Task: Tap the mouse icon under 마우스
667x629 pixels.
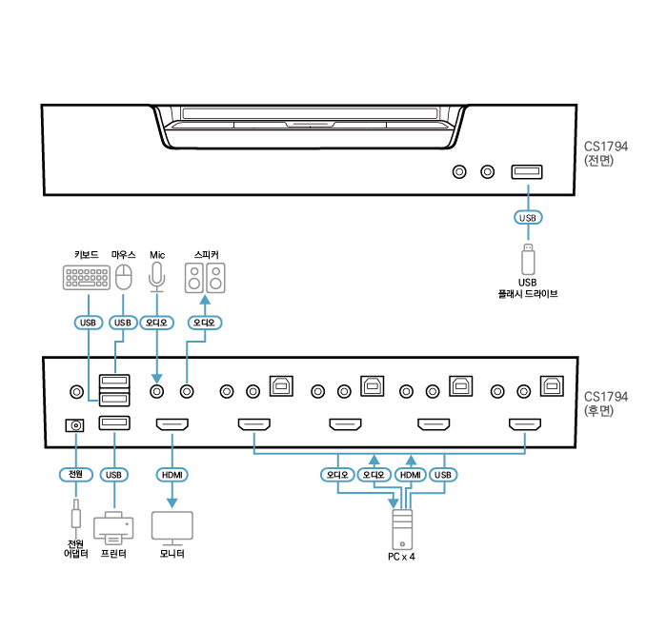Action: (x=123, y=277)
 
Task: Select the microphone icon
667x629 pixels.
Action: (x=157, y=276)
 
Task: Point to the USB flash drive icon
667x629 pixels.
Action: (x=527, y=259)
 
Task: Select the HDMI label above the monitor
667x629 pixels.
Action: (x=172, y=474)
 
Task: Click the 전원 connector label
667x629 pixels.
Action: (x=74, y=474)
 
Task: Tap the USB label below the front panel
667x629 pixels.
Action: (x=527, y=218)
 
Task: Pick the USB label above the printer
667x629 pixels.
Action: (x=113, y=474)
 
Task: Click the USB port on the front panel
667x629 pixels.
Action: (x=527, y=171)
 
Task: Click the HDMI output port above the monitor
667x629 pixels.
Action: (x=172, y=425)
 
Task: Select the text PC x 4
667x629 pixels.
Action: (x=401, y=557)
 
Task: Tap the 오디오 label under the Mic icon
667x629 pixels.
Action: (x=156, y=323)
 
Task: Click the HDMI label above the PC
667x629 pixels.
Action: (x=410, y=474)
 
